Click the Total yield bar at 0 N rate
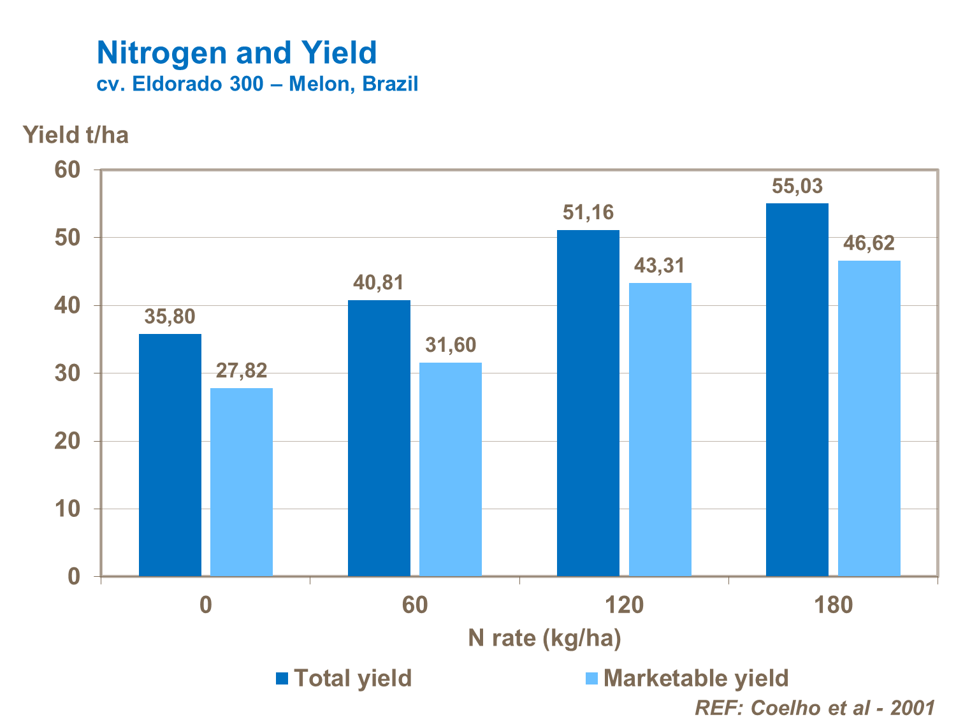tap(170, 455)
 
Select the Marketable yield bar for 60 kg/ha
tap(451, 469)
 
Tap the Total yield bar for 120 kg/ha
tap(588, 403)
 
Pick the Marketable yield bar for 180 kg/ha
tap(869, 418)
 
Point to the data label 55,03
tap(797, 187)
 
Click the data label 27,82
tap(242, 370)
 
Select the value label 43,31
tap(660, 265)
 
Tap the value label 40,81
tap(379, 282)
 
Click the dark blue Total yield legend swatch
tap(282, 678)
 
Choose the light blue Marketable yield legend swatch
tap(591, 678)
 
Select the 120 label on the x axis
tap(624, 604)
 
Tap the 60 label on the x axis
tap(415, 604)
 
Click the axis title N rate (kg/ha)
tap(544, 638)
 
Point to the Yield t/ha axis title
tap(76, 135)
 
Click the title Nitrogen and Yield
tap(236, 53)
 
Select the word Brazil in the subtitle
tap(390, 84)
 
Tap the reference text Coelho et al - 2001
tap(843, 707)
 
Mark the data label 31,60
tap(451, 345)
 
